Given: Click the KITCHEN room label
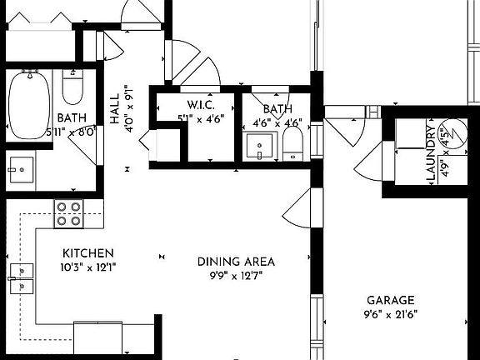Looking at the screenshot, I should [x=88, y=253].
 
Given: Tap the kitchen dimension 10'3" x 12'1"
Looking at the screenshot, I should [x=88, y=267].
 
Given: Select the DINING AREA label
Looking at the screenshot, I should [x=236, y=262].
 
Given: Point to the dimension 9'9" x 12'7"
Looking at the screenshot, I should [x=236, y=276].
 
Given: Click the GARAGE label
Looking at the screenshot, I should [x=390, y=300].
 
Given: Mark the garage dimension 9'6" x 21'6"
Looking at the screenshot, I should [x=390, y=314].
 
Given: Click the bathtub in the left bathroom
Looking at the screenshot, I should [x=30, y=104].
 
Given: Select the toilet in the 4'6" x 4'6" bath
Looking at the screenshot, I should [x=292, y=142].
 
